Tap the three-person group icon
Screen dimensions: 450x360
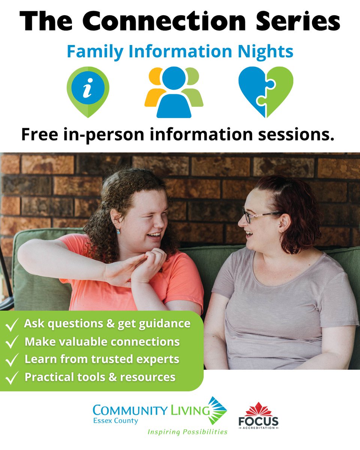(x=174, y=92)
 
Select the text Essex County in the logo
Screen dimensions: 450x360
(x=115, y=421)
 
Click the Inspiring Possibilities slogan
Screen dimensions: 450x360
(x=187, y=432)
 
